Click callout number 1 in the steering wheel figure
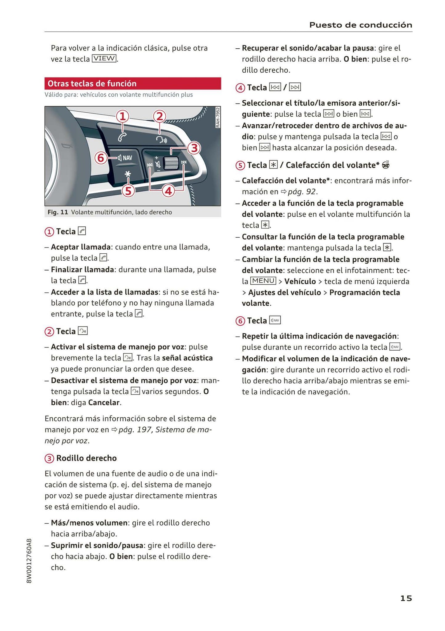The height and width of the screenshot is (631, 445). pyautogui.click(x=122, y=116)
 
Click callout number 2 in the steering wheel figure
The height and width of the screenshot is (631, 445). pyautogui.click(x=160, y=116)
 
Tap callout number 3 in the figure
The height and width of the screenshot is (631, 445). pyautogui.click(x=194, y=148)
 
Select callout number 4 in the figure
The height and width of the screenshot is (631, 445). pyautogui.click(x=168, y=191)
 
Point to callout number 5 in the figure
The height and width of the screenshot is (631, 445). pyautogui.click(x=128, y=191)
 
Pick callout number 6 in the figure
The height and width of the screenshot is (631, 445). pyautogui.click(x=101, y=158)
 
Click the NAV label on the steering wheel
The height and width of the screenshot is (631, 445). pyautogui.click(x=127, y=158)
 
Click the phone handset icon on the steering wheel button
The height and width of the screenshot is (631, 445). pyautogui.click(x=122, y=137)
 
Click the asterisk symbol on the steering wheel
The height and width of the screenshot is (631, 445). pyautogui.click(x=127, y=174)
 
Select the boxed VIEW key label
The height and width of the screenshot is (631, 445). pyautogui.click(x=104, y=58)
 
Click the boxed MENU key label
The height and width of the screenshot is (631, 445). pyautogui.click(x=263, y=281)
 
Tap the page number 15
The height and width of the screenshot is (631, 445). pyautogui.click(x=406, y=598)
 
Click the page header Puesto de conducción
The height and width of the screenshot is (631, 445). pyautogui.click(x=361, y=25)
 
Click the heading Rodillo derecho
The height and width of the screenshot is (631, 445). pyautogui.click(x=86, y=458)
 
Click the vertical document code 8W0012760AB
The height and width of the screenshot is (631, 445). pyautogui.click(x=29, y=561)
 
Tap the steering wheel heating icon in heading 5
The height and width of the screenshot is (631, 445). pyautogui.click(x=386, y=165)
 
